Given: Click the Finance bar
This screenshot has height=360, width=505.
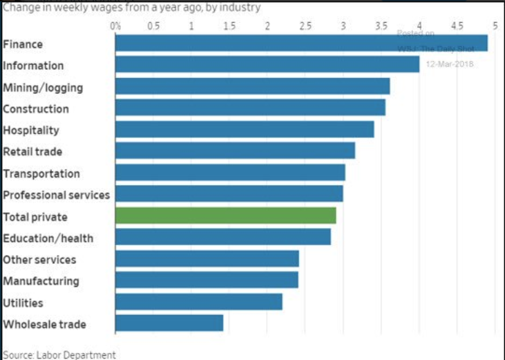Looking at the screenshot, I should (x=301, y=43).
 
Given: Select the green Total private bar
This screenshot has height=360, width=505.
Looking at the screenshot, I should (x=225, y=216).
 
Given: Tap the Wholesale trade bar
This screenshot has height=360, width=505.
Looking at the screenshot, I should (x=169, y=323).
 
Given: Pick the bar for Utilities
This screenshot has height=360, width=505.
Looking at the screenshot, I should (x=198, y=302).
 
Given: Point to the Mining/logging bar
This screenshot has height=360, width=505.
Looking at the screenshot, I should (x=252, y=86).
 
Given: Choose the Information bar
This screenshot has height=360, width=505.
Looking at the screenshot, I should (x=267, y=64).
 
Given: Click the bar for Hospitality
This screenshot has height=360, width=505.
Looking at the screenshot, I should (x=244, y=129).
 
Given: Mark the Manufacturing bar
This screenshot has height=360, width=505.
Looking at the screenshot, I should (x=207, y=280).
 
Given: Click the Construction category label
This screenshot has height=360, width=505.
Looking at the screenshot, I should (x=36, y=108).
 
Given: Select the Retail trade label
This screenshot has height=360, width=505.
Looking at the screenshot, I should (x=32, y=151).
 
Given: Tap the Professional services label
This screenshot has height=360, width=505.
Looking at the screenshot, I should (x=57, y=195).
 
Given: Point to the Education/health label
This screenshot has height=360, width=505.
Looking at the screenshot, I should (x=48, y=238).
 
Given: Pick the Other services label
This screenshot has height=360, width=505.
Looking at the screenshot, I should (x=39, y=260).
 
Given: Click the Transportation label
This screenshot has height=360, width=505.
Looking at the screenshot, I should (x=41, y=173).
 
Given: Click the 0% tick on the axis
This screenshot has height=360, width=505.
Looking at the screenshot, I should (x=115, y=26).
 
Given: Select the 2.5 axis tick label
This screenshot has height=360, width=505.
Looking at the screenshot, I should (x=305, y=26).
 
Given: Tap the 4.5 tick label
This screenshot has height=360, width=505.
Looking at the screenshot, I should (x=457, y=26).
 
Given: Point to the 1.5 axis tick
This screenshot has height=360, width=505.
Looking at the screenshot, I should (x=229, y=26).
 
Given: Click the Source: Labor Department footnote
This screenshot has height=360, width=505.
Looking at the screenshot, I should (x=59, y=354).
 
